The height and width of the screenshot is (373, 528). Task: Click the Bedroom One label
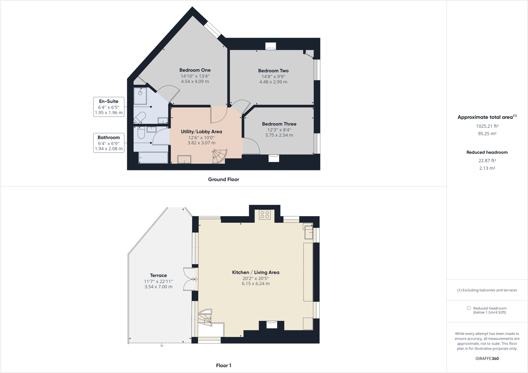195,70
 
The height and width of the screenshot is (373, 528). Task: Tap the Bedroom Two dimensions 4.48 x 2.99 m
273,82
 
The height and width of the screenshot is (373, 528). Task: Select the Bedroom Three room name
279,124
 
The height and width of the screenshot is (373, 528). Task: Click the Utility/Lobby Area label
201,132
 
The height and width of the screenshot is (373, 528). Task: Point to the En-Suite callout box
109,107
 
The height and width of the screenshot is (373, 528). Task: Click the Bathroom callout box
109,143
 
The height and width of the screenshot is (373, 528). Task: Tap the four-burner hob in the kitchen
265,215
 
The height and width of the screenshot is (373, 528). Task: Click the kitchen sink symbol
308,233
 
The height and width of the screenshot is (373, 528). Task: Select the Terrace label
158,275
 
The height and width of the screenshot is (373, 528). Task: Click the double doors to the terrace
190,279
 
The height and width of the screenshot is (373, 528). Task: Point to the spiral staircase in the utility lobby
220,156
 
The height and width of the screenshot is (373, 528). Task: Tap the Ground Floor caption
224,179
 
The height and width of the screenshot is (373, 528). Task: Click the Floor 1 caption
224,365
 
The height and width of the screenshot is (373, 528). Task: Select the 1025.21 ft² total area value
487,126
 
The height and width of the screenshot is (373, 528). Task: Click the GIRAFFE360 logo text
487,358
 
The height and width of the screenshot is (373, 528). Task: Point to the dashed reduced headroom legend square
469,308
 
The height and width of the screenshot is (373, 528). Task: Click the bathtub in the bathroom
153,158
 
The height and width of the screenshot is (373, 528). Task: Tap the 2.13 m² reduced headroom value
487,168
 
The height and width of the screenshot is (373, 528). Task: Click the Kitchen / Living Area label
255,272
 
